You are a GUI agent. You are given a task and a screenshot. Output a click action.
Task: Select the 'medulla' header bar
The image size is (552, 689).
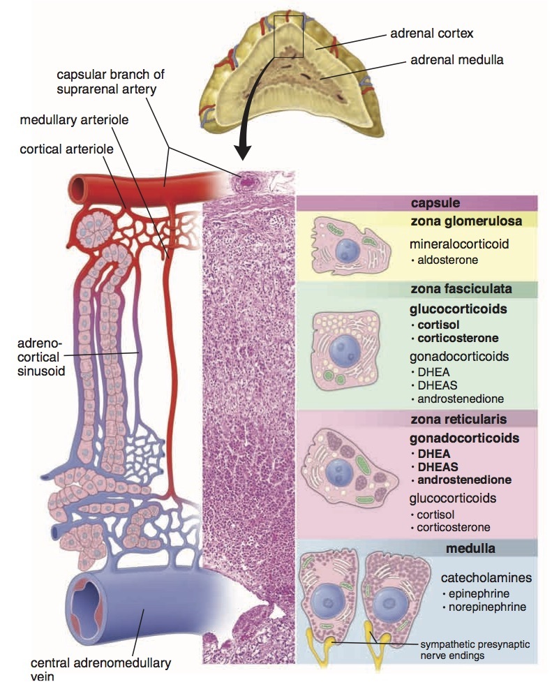point(471,548)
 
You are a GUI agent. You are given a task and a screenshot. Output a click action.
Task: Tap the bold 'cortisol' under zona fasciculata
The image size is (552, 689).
point(440,325)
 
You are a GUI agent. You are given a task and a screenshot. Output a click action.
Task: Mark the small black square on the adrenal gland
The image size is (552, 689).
point(290,35)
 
